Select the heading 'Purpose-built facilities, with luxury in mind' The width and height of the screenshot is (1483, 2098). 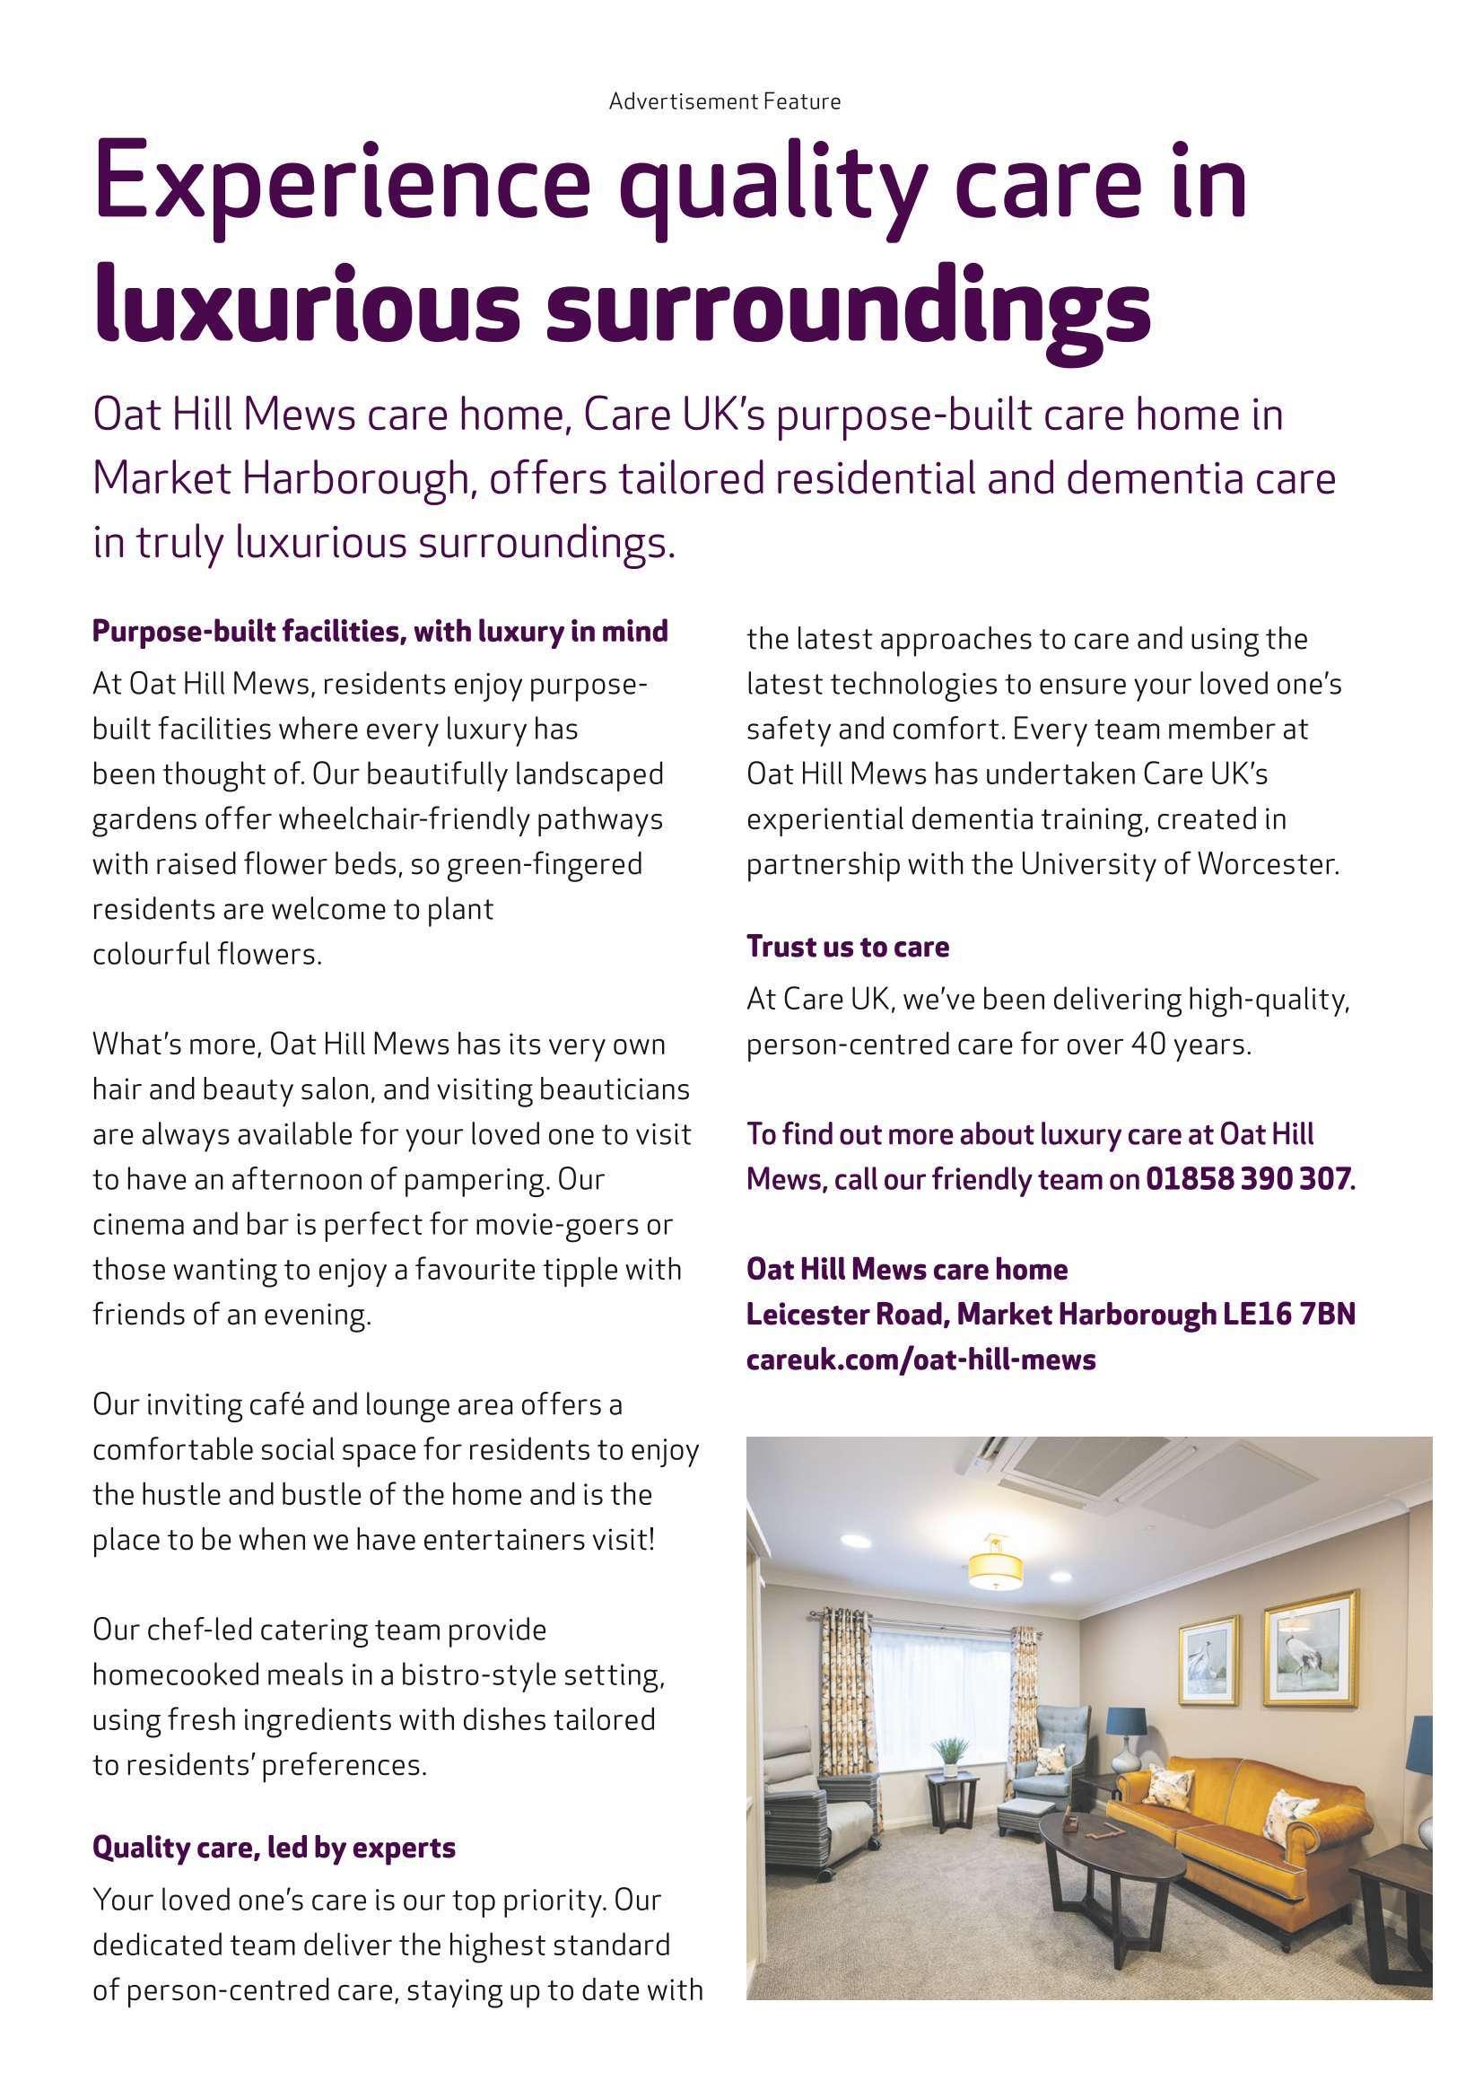380,631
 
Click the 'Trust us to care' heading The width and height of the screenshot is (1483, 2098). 848,946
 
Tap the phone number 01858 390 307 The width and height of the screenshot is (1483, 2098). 1246,1179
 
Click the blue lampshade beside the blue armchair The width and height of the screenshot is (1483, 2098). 1127,1721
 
